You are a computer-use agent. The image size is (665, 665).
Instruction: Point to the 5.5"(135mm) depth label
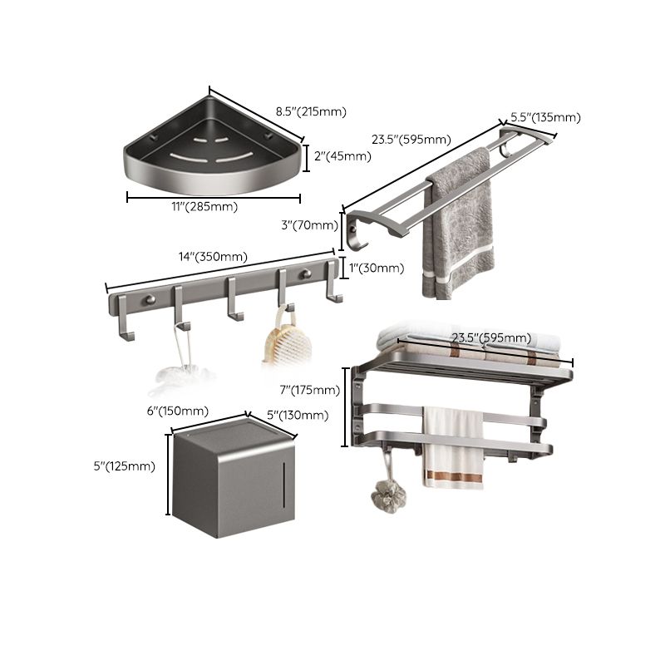point(545,117)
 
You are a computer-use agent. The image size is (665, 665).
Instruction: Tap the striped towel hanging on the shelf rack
point(452,449)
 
